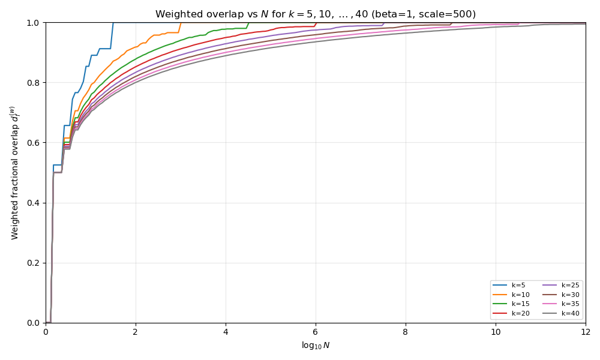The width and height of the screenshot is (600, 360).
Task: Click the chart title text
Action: click(x=316, y=14)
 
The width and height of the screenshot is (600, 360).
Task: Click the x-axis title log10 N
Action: click(x=316, y=346)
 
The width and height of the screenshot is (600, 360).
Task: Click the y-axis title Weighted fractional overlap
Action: click(x=14, y=173)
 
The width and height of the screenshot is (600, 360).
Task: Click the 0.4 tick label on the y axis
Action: click(x=32, y=203)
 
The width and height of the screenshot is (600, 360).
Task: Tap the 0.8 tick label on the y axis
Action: click(x=32, y=83)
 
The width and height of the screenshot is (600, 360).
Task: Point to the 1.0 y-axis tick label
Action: click(x=32, y=23)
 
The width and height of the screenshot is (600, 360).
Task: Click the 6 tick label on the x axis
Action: click(x=316, y=332)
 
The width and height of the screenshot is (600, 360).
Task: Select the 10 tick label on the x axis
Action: click(x=496, y=332)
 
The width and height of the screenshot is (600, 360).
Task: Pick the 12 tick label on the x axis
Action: click(x=586, y=332)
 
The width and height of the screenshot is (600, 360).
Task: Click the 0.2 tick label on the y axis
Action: click(x=32, y=263)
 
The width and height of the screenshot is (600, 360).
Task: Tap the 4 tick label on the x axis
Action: click(x=226, y=332)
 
